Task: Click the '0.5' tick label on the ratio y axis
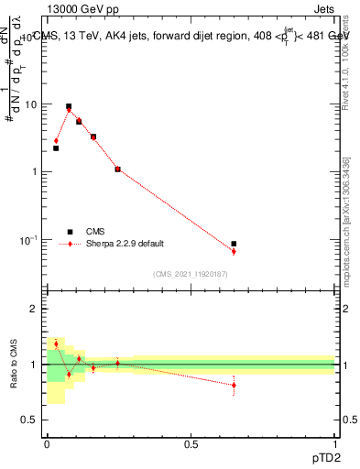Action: tap(31, 420)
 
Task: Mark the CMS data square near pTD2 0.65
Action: tap(234, 244)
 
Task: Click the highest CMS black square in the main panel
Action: tap(69, 106)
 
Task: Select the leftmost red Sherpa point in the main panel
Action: tap(56, 141)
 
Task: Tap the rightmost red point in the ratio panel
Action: tap(234, 385)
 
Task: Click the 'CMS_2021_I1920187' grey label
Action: tap(190, 273)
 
